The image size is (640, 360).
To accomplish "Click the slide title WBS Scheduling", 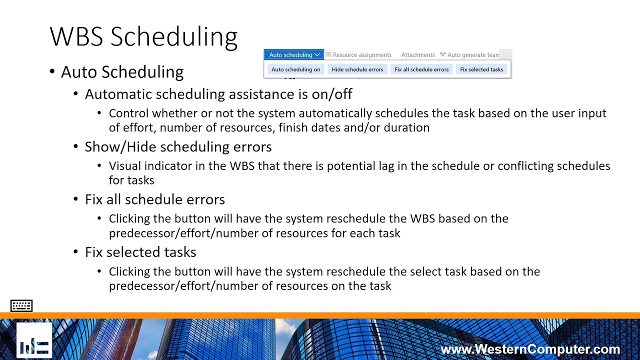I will pyautogui.click(x=143, y=37).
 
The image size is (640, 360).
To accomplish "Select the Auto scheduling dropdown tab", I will pyautogui.click(x=294, y=55).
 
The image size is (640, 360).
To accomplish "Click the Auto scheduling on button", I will pyautogui.click(x=295, y=69).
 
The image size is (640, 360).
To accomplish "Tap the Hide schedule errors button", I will pyautogui.click(x=357, y=69).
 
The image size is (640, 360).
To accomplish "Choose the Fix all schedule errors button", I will pyautogui.click(x=421, y=69).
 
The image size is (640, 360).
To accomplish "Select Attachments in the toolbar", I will pyautogui.click(x=417, y=55).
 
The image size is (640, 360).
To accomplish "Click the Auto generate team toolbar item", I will pyautogui.click(x=469, y=55).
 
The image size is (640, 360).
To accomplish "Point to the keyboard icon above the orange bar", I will pyautogui.click(x=21, y=305).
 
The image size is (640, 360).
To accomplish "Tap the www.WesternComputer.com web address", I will pyautogui.click(x=530, y=349).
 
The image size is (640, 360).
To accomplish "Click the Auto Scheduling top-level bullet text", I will pyautogui.click(x=122, y=72).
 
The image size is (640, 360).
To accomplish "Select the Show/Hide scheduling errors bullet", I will pyautogui.click(x=178, y=146).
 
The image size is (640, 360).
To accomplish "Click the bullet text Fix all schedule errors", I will pyautogui.click(x=154, y=199).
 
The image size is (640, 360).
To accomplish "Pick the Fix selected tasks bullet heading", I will pyautogui.click(x=140, y=252).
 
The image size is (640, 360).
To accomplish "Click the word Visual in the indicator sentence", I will pyautogui.click(x=125, y=166).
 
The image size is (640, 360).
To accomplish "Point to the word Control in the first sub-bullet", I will pyautogui.click(x=128, y=113).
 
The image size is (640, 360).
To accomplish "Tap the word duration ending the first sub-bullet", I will pyautogui.click(x=406, y=127).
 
